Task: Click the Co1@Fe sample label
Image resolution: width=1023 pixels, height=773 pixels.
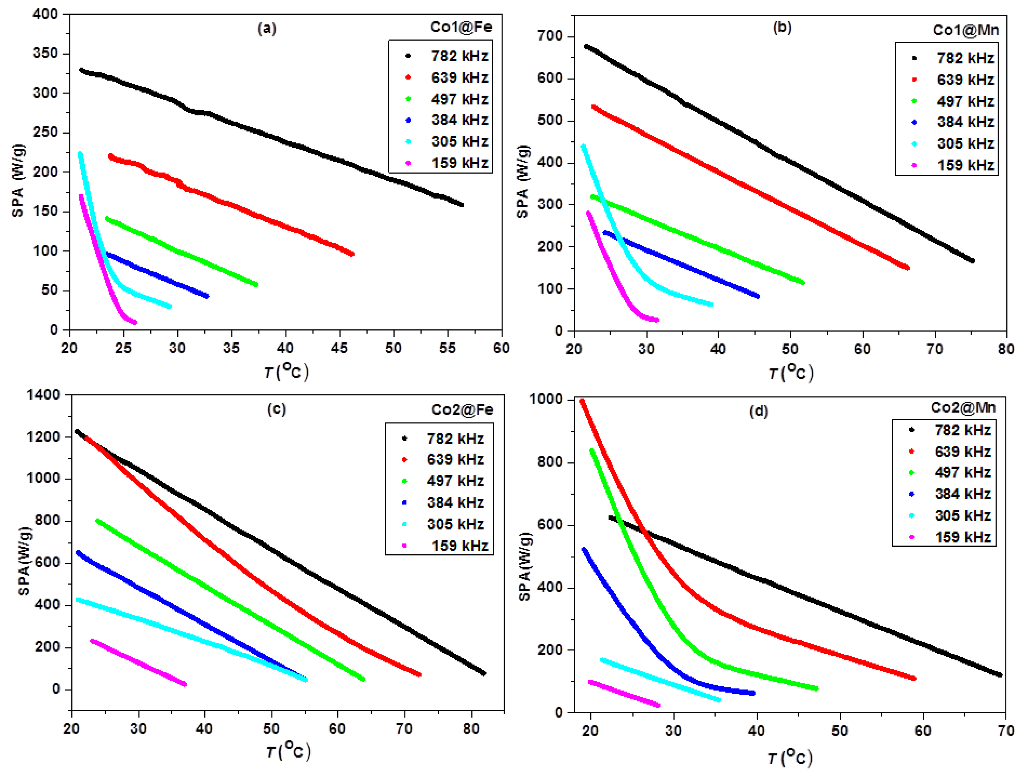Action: [x=461, y=27]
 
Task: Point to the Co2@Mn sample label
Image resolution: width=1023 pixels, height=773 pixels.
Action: [x=963, y=408]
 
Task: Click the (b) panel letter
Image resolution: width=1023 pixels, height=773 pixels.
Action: [x=782, y=27]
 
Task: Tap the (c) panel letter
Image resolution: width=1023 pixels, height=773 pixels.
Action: [x=277, y=409]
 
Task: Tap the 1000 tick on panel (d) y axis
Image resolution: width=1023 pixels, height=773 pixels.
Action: [x=546, y=399]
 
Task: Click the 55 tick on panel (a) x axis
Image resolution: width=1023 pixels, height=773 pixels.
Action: [x=447, y=348]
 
